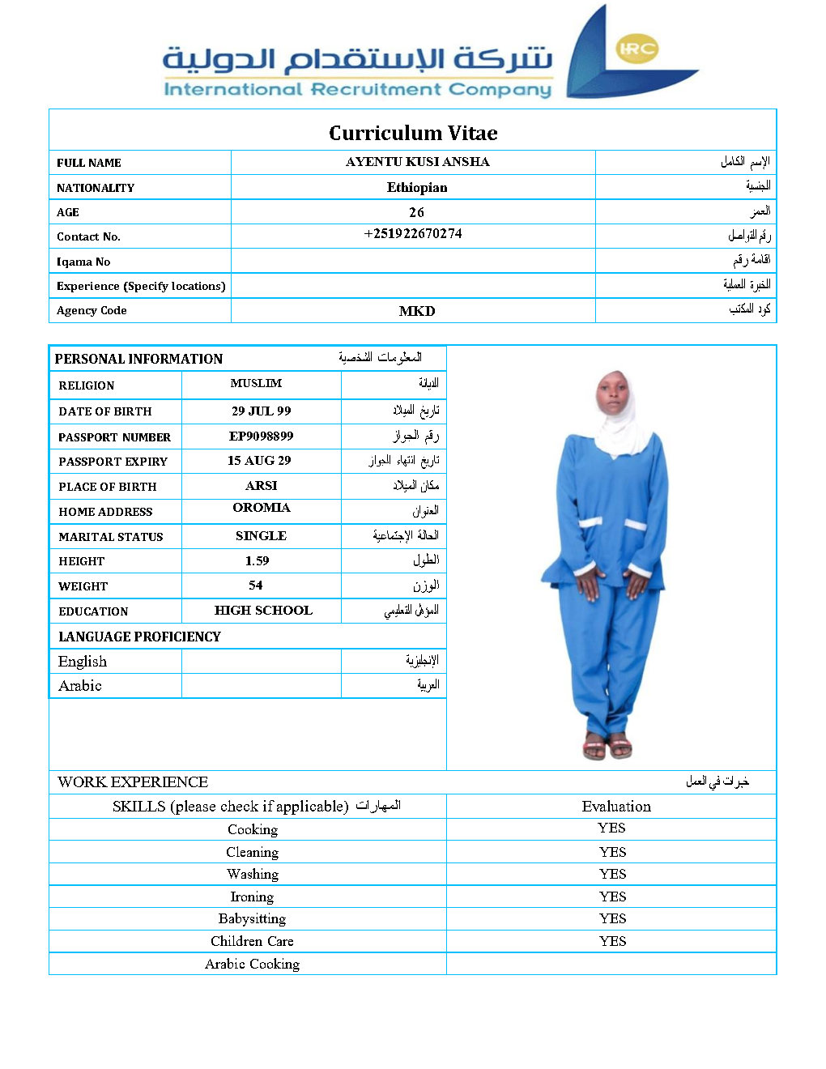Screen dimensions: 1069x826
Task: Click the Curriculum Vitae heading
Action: (413, 133)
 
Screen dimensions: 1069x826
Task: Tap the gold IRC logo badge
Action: (637, 49)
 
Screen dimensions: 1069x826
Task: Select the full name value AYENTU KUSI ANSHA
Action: (417, 162)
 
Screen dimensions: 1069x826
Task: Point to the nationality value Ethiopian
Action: (417, 187)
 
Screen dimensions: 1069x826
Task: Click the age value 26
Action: (416, 212)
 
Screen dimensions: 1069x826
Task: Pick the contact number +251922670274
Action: (413, 234)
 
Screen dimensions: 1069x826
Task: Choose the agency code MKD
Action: (417, 311)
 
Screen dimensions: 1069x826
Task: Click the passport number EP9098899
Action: (261, 437)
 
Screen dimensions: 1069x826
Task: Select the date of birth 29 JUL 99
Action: (261, 411)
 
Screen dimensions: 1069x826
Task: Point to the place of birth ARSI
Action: (261, 486)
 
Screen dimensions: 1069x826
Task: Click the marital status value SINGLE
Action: (261, 536)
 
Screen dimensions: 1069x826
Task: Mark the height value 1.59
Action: (258, 561)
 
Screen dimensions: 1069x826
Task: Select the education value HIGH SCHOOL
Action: (263, 611)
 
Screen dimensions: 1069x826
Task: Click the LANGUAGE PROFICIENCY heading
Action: (139, 637)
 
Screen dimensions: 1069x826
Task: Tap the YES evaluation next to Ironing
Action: (613, 897)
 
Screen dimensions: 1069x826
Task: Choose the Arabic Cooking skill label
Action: (252, 964)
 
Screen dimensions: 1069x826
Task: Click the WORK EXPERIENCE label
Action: (133, 782)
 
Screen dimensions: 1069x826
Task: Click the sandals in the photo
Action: (607, 746)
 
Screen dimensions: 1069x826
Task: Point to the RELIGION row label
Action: (87, 385)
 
